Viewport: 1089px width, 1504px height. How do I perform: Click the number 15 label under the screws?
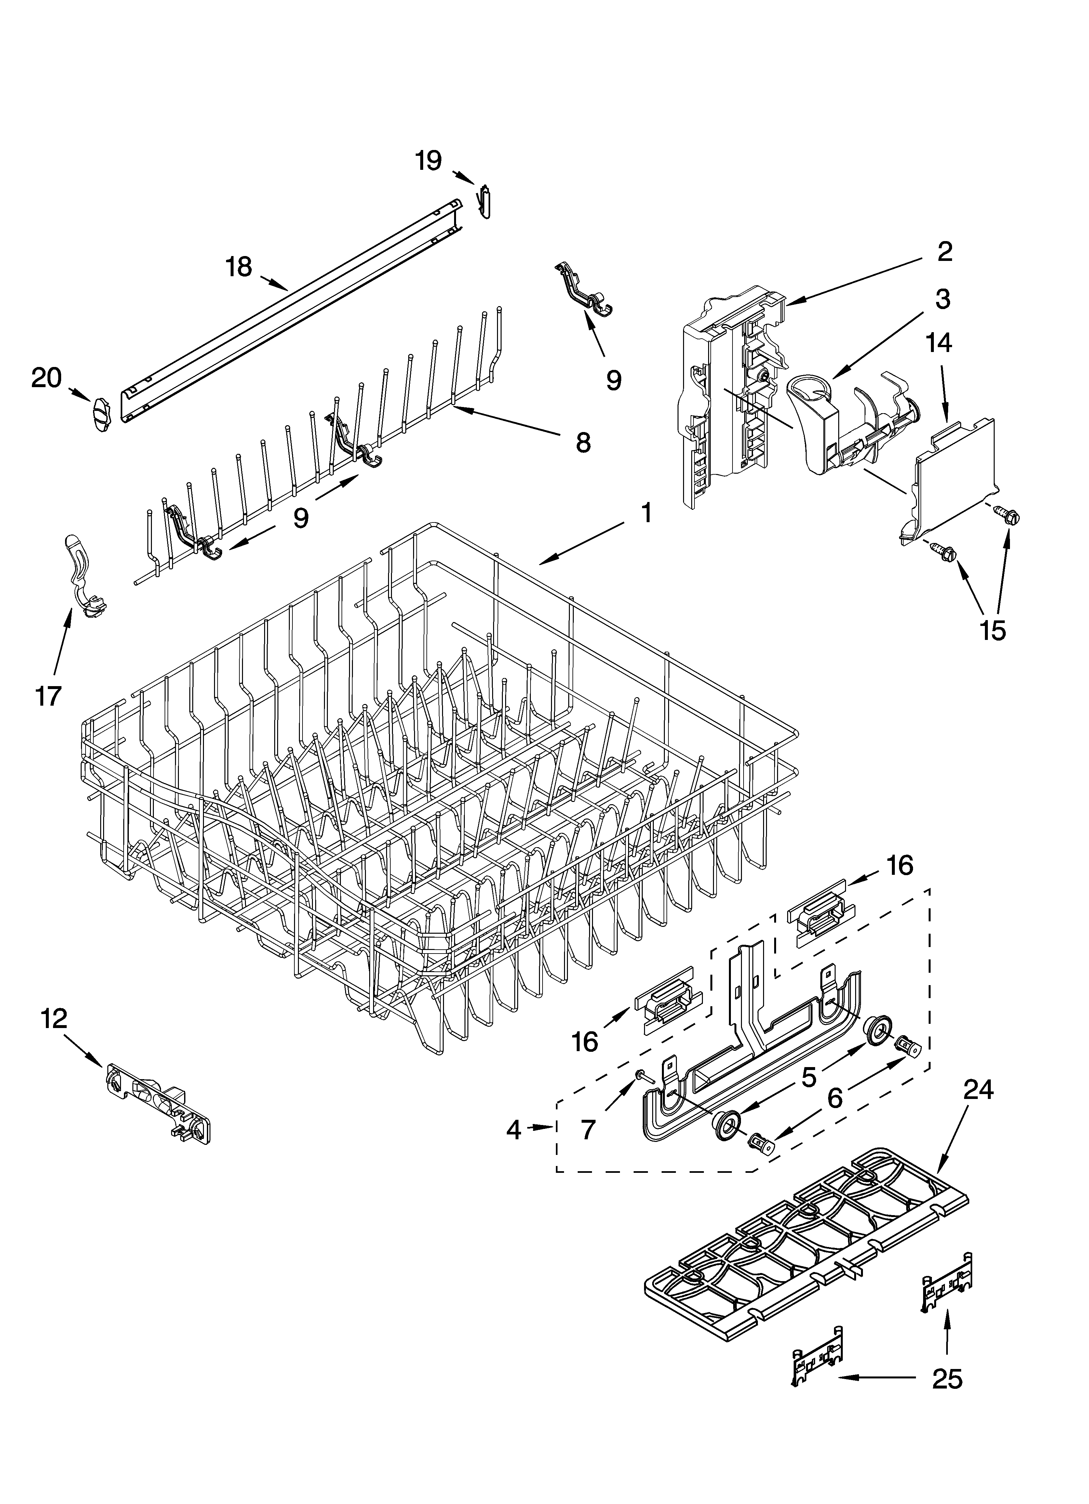[x=993, y=630]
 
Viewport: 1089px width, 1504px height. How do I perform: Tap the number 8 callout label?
[x=583, y=442]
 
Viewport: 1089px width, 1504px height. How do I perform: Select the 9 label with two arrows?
[x=301, y=517]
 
